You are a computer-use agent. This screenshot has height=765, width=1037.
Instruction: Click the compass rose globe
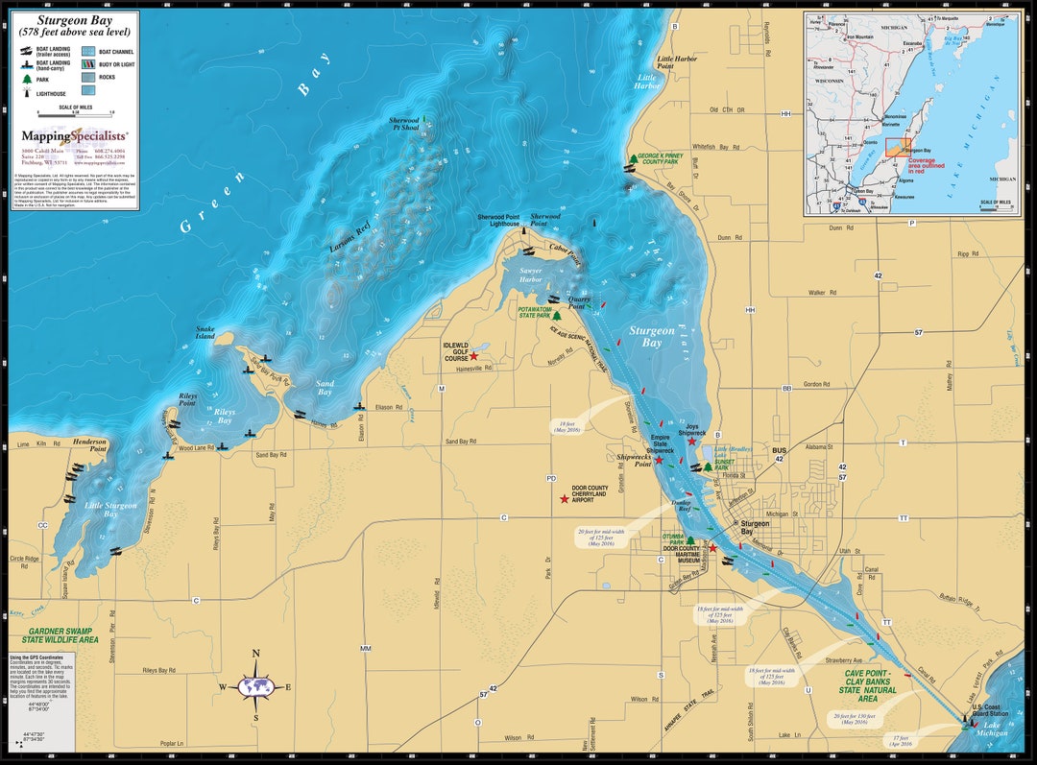(x=256, y=686)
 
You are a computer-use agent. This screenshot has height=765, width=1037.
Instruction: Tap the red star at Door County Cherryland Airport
(x=565, y=499)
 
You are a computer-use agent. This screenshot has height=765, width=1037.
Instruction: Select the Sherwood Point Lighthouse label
(x=498, y=220)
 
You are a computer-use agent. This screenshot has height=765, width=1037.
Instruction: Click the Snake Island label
(x=205, y=332)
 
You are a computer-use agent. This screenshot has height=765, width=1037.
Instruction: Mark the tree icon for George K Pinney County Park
(x=633, y=158)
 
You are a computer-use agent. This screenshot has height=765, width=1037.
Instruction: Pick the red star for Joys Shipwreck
(x=691, y=441)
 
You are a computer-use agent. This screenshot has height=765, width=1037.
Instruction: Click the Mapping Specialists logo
(x=75, y=136)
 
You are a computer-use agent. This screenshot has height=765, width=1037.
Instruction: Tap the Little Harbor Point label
(x=678, y=62)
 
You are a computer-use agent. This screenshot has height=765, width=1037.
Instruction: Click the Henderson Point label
(x=91, y=444)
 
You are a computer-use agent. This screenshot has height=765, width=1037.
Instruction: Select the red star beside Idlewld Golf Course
(x=473, y=356)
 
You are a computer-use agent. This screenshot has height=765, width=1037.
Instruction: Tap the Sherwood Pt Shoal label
(x=403, y=124)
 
